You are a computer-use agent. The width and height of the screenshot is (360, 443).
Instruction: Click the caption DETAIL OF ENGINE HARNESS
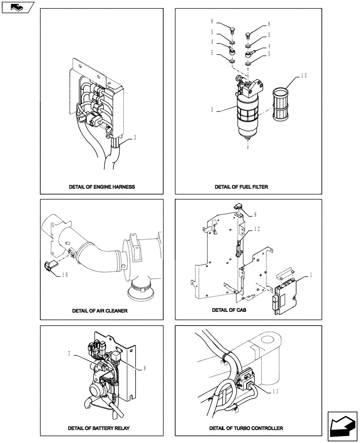tap(102, 187)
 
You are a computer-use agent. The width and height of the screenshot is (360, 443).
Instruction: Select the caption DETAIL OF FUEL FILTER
tap(242, 187)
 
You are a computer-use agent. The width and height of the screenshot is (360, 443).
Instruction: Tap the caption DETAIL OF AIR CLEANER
tap(100, 311)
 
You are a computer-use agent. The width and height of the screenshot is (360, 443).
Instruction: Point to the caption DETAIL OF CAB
tap(229, 310)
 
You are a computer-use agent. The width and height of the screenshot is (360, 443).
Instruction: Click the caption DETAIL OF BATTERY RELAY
tap(99, 428)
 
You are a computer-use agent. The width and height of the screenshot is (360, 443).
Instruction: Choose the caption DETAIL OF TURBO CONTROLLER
tap(247, 428)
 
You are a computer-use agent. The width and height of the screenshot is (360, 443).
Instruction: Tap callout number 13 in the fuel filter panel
tap(303, 75)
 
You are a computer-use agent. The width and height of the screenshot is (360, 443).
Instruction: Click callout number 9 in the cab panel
tap(254, 215)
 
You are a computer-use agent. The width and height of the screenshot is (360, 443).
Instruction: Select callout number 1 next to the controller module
tap(310, 275)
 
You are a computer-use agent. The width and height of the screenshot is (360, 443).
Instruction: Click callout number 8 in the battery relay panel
tap(144, 368)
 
